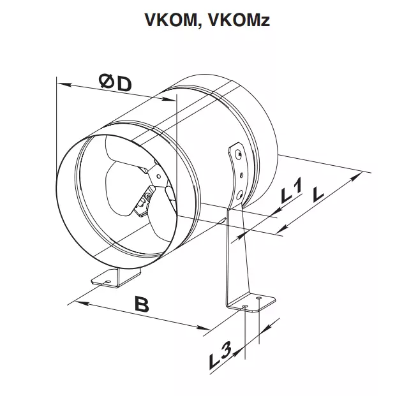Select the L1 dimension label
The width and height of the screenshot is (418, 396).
coord(292,192)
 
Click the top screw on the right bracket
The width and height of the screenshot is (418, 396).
coord(238,154)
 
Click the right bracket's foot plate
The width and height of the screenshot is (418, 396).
coord(255,302)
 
